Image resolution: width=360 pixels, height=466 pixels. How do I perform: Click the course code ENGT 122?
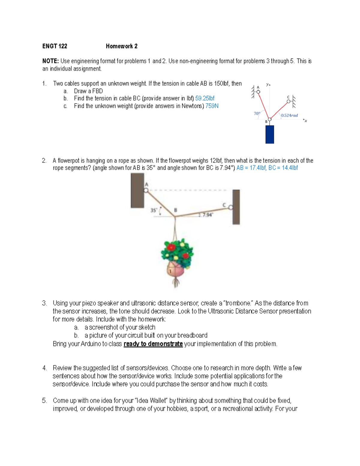[x=55, y=46]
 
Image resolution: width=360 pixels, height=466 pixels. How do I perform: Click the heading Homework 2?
[x=121, y=46]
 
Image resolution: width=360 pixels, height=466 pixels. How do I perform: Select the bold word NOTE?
[x=50, y=61]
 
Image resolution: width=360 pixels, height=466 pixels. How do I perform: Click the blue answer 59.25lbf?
[x=205, y=98]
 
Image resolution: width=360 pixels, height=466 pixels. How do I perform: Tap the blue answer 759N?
[x=212, y=106]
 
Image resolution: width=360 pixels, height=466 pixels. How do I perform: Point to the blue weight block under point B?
[x=269, y=134]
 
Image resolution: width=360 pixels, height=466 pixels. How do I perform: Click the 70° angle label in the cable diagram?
[x=257, y=113]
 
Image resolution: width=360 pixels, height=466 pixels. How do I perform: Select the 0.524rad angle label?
[x=289, y=115]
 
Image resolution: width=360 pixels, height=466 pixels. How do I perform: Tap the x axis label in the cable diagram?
[x=305, y=121]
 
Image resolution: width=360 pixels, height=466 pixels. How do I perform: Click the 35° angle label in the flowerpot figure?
[x=154, y=210]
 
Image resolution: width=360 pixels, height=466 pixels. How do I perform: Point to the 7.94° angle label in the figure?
[x=207, y=215]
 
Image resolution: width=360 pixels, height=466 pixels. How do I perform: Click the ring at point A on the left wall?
[x=146, y=190]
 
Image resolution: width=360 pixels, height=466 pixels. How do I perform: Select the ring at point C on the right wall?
[x=230, y=207]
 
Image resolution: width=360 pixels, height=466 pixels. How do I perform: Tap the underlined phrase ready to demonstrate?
[x=153, y=344]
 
